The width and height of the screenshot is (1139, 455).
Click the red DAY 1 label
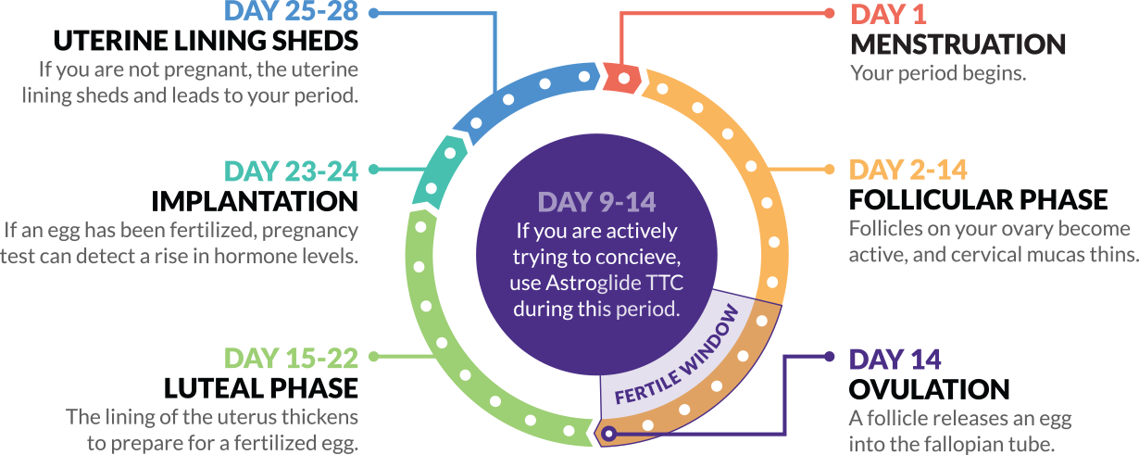coord(888,14)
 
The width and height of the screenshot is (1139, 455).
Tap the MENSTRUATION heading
coord(958,44)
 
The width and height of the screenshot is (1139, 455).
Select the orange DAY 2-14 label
coord(907,170)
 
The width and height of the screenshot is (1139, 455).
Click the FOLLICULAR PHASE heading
coord(978,199)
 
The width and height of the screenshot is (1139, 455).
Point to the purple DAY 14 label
coord(895,360)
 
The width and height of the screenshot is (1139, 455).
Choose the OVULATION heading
coord(929,389)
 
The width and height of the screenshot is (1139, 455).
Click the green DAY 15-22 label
coord(292,359)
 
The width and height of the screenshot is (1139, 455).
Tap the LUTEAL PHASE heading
coord(261,388)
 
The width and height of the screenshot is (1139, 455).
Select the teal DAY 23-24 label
coord(292,171)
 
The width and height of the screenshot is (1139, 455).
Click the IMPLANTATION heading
coord(255,201)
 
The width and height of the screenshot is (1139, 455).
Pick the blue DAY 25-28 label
coord(292,11)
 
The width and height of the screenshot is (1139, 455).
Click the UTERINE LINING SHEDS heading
coord(206,41)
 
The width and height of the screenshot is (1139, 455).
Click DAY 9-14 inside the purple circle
coord(596,202)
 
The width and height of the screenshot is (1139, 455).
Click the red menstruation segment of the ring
coord(623,78)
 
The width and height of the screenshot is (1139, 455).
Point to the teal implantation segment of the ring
coord(440,172)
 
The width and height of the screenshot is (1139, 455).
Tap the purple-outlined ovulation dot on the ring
coord(609,434)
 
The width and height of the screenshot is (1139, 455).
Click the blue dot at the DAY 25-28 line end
coord(374,13)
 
